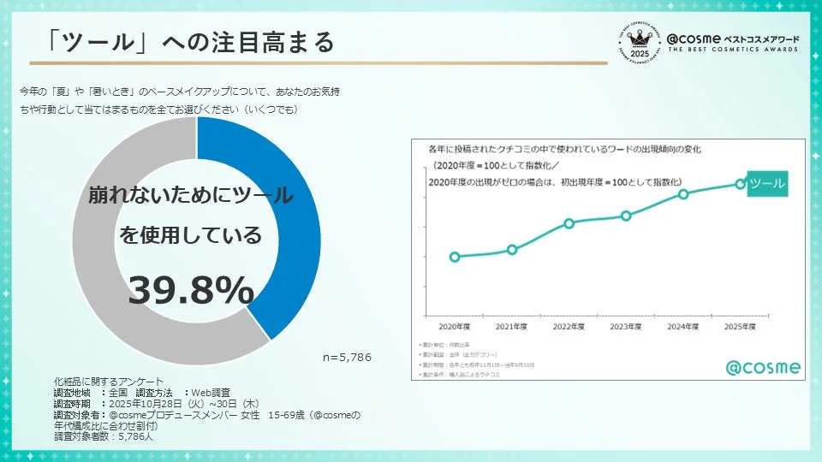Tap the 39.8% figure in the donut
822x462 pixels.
pos(191,291)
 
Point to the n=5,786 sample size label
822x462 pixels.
pos(347,357)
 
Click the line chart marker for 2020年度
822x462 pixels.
pos(454,257)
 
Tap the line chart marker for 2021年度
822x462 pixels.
pos(512,250)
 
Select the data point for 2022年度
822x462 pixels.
pos(569,223)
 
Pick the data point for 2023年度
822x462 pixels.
pos(626,216)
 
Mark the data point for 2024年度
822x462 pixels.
pos(683,193)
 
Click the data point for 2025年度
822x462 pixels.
pos(740,184)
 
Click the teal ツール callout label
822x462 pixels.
pos(766,183)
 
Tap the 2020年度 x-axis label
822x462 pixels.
pos(454,327)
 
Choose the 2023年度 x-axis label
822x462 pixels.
pos(626,327)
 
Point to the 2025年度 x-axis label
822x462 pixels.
pos(740,327)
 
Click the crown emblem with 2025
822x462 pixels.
pos(638,40)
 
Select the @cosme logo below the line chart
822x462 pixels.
pos(763,368)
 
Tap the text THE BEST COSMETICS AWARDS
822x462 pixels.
pos(732,50)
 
